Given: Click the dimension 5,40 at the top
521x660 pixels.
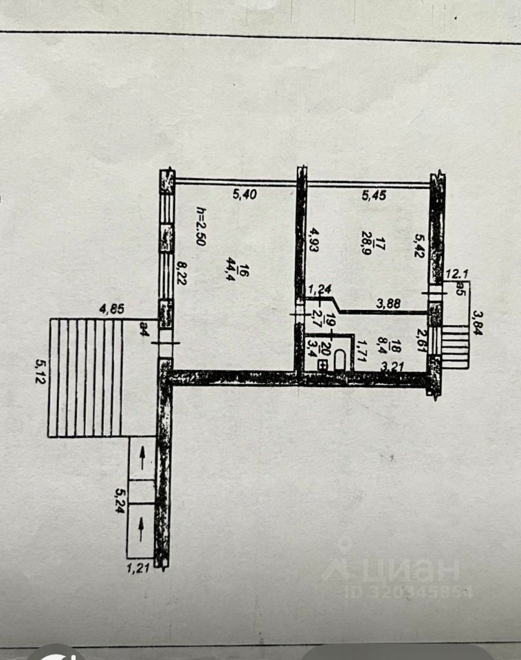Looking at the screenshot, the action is [245, 194].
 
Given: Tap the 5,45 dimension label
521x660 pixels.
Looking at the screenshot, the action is [374, 195].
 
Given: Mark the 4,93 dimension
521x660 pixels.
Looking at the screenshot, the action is [313, 241].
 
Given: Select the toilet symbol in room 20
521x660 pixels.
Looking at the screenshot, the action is [340, 360].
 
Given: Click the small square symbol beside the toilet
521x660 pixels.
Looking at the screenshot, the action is [324, 365].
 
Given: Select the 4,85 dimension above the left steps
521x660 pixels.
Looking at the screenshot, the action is [112, 309].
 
